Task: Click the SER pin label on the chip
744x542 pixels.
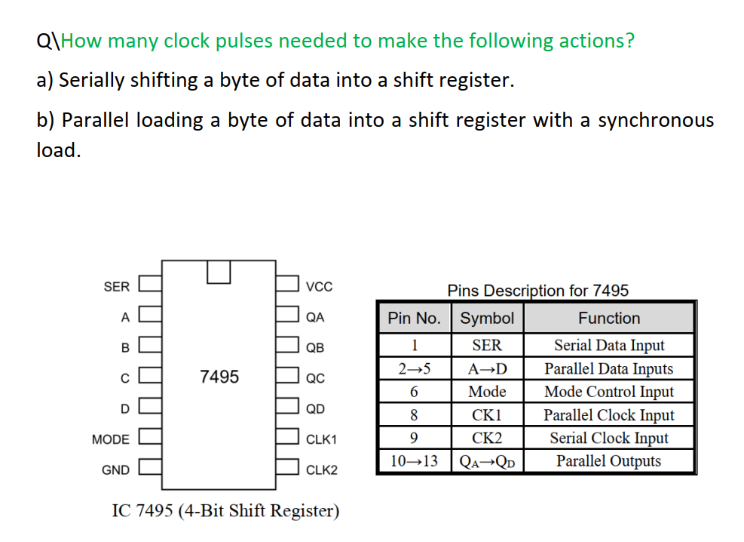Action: (x=116, y=287)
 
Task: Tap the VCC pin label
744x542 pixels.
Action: (x=319, y=287)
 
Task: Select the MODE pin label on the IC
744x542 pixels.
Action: (x=110, y=439)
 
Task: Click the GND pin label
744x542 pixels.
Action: (x=115, y=470)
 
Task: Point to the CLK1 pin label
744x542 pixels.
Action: (x=322, y=439)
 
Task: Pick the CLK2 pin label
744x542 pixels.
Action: (x=322, y=470)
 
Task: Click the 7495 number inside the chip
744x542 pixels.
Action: (x=219, y=376)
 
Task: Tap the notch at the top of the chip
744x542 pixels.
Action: (x=219, y=272)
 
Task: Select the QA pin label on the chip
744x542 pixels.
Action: (x=315, y=317)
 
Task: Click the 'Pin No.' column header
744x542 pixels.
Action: (x=414, y=319)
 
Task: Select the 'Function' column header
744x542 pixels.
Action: (x=609, y=319)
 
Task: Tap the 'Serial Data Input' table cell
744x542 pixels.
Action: (x=609, y=346)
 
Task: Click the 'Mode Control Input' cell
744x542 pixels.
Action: (x=609, y=392)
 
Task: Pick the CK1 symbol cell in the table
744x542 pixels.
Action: (x=487, y=415)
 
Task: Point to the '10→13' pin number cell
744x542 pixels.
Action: (x=414, y=461)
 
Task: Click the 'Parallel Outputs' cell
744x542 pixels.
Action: (x=609, y=461)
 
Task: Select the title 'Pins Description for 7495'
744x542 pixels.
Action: (x=537, y=291)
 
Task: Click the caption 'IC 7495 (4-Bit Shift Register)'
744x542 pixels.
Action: (x=225, y=511)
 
